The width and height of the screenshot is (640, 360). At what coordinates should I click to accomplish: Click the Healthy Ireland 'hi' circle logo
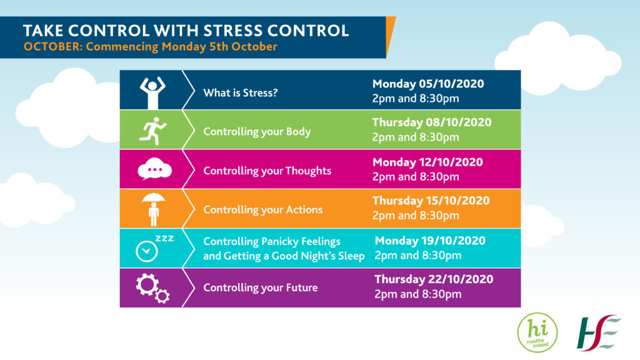coord(537,332)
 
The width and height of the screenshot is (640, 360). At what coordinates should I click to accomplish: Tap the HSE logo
coord(599,332)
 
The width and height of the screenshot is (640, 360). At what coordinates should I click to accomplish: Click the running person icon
coord(152,131)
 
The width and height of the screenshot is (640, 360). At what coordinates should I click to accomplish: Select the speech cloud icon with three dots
coord(155,169)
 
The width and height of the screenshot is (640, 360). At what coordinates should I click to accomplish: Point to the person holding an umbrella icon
coord(154,209)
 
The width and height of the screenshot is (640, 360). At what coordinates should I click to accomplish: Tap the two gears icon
coord(152,287)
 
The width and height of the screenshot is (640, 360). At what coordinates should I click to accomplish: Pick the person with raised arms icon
coord(152,92)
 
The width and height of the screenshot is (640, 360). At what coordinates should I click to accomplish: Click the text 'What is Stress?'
coord(241,93)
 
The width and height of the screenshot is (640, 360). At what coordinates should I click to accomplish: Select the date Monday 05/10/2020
coord(428,84)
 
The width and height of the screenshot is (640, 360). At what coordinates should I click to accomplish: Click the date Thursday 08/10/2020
coord(432,122)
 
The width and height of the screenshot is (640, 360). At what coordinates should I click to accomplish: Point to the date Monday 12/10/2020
coord(427,162)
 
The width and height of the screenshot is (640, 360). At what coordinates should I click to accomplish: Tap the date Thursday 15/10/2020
coord(431,201)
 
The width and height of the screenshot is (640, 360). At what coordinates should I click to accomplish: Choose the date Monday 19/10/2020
coord(430,241)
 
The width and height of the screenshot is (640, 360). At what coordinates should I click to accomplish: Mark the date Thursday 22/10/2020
coord(434,279)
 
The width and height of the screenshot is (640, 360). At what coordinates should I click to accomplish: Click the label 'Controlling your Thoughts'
coord(267,171)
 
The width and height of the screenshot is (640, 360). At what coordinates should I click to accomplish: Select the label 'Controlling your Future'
coord(261,287)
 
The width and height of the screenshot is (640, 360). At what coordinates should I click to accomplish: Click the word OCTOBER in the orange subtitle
coord(53,46)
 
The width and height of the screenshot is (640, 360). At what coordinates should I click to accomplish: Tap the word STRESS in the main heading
coord(232,31)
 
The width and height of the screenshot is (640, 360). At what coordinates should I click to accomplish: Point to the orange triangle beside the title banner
coord(389,32)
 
